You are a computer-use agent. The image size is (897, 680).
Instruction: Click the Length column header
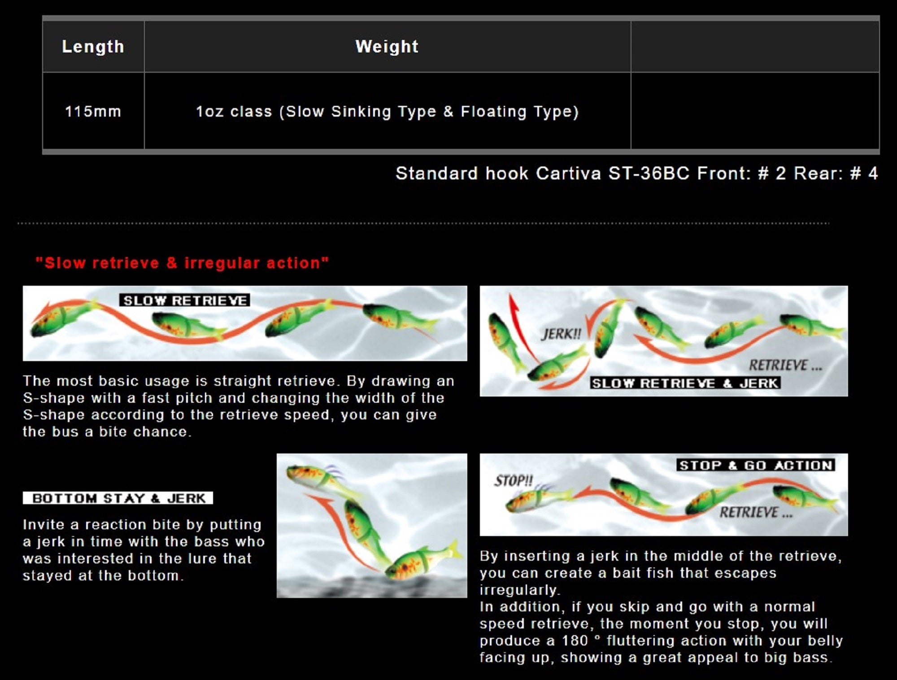tap(93, 47)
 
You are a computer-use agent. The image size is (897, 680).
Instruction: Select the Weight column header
tap(387, 47)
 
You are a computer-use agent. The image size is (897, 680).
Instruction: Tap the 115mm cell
tap(93, 111)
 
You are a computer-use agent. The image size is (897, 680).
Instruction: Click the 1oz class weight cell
tap(387, 111)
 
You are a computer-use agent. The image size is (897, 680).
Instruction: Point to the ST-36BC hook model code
tap(649, 173)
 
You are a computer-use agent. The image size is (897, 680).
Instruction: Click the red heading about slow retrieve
tap(182, 263)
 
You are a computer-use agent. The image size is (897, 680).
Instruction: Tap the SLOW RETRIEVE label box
tap(185, 300)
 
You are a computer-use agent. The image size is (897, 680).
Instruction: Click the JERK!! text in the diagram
tap(561, 334)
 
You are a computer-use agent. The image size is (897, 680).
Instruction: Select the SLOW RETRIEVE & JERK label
tap(685, 383)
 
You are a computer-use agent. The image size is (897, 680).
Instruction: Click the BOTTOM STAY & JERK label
tap(118, 498)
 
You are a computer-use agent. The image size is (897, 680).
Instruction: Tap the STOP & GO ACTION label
tap(756, 465)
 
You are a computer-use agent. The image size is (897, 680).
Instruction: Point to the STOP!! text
tap(514, 481)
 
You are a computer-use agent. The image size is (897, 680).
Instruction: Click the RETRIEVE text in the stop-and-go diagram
tap(756, 512)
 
